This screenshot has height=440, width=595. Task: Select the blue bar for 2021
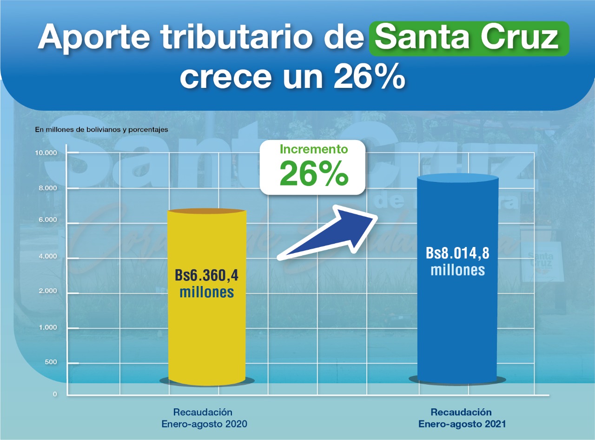pos(458,326)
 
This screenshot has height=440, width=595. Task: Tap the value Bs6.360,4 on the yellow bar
pos(207,276)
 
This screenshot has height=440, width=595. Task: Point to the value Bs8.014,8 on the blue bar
pos(458,254)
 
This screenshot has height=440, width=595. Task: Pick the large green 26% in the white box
pos(314,173)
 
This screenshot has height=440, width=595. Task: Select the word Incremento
pos(313,150)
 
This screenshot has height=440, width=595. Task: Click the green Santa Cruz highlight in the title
pos(469,39)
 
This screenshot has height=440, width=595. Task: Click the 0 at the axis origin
pos(55,394)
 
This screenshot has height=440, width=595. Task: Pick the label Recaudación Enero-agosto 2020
pos(204,418)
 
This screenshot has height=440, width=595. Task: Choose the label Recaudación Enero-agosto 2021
pos(462,418)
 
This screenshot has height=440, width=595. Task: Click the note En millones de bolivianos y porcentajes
pos(101,129)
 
